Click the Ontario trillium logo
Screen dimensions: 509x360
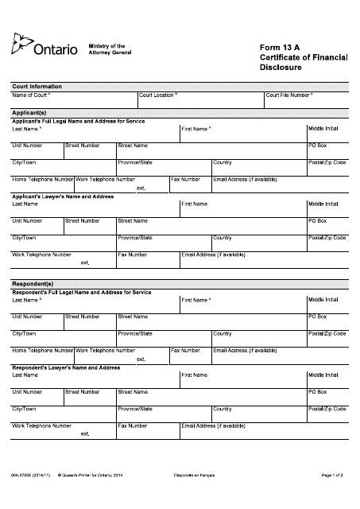tap(21, 46)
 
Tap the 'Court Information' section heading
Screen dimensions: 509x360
tap(36, 86)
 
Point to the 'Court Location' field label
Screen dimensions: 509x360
tap(157, 95)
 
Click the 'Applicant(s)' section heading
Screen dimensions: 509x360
tap(29, 113)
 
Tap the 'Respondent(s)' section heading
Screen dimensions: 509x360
tap(33, 283)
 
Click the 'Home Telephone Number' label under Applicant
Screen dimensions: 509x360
tap(42, 179)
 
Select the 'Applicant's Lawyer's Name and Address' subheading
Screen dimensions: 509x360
tap(63, 196)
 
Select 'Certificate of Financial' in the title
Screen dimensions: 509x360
tap(304, 57)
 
